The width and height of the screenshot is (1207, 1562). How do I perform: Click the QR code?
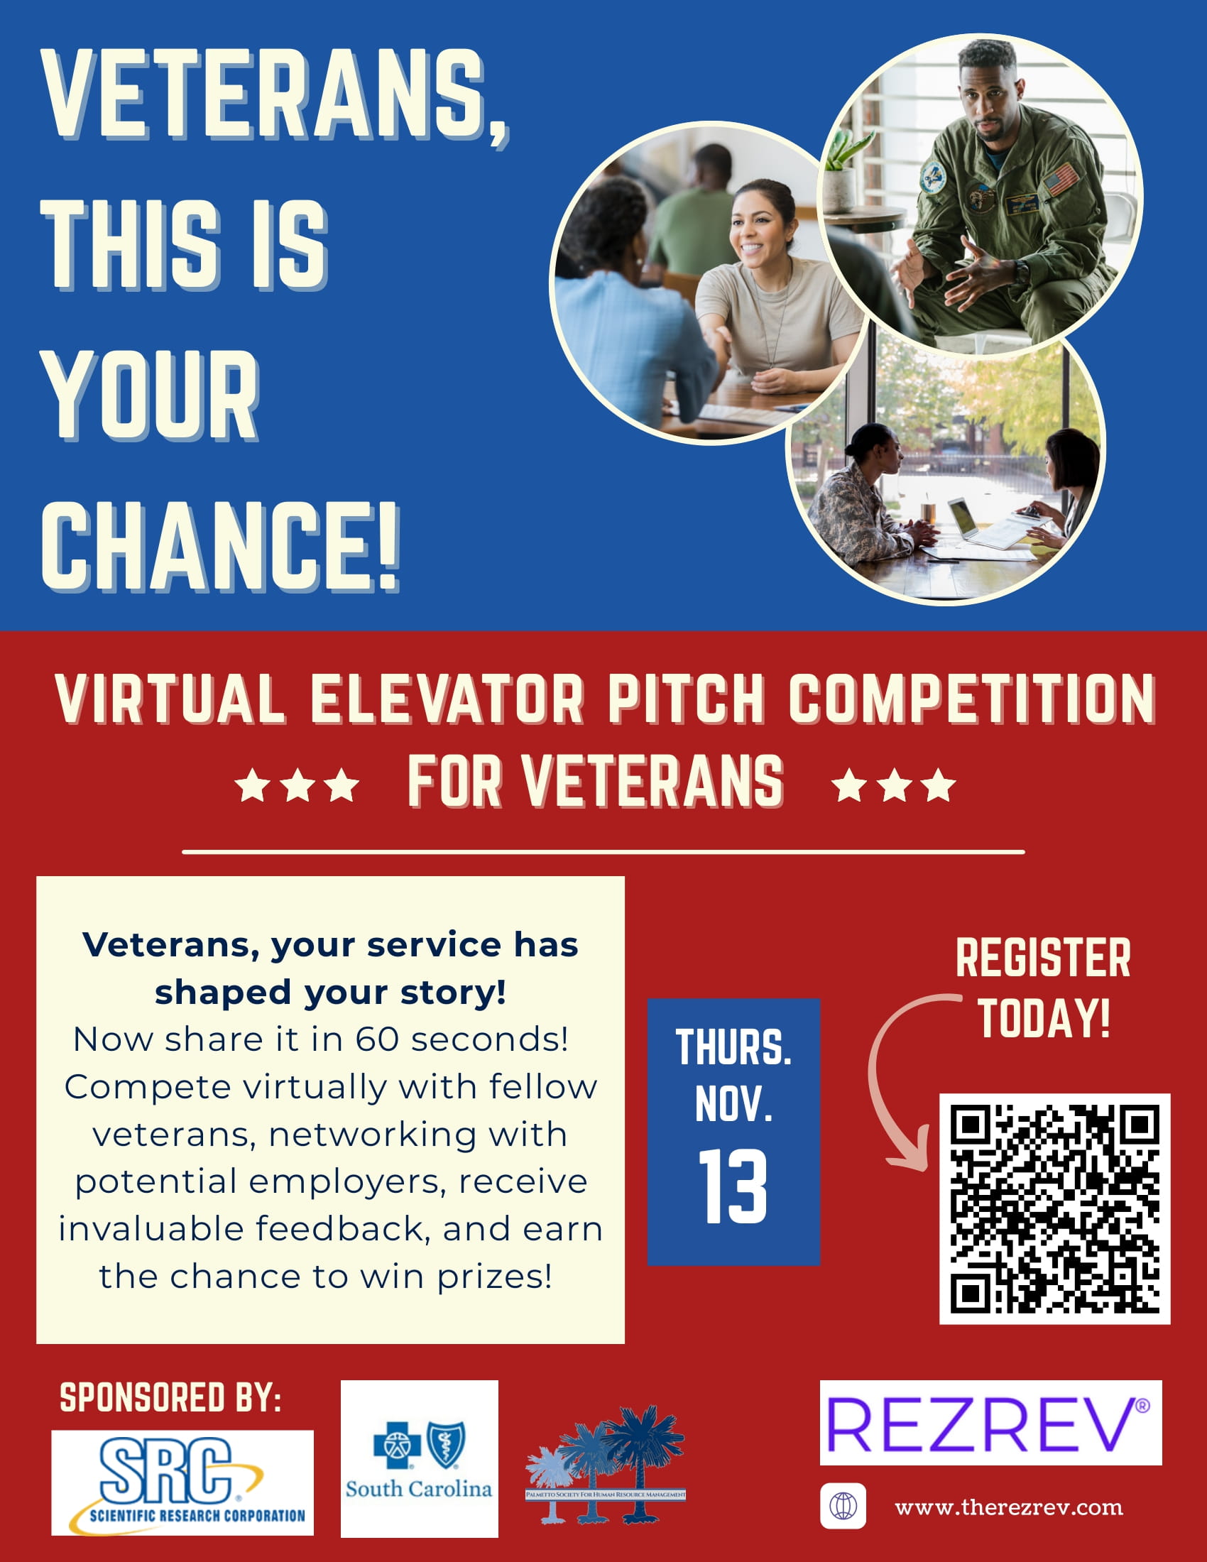pyautogui.click(x=1054, y=1208)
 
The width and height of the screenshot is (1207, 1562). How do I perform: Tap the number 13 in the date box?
pyautogui.click(x=733, y=1187)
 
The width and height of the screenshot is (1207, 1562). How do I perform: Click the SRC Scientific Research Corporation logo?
pyautogui.click(x=182, y=1482)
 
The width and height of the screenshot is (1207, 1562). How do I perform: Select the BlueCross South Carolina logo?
pyautogui.click(x=419, y=1459)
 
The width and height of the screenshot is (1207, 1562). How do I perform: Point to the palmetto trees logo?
pyautogui.click(x=606, y=1463)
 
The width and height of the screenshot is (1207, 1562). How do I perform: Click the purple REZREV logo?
pyautogui.click(x=990, y=1424)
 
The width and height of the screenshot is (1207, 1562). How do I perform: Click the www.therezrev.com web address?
pyautogui.click(x=1008, y=1507)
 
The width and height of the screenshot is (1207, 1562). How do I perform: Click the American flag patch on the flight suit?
pyautogui.click(x=1061, y=179)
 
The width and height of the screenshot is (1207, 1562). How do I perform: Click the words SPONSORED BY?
pyautogui.click(x=170, y=1397)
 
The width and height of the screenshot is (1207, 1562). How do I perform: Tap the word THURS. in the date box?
pyautogui.click(x=733, y=1048)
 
